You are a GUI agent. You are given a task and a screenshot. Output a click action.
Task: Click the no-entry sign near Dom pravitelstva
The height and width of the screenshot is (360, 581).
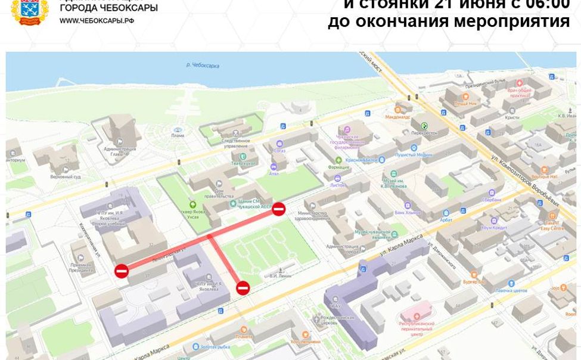point(278,209)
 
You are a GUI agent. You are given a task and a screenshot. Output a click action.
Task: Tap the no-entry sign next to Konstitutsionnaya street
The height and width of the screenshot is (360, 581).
point(122,271)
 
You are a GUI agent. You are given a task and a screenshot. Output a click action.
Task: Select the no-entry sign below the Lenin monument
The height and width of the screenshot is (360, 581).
point(243,288)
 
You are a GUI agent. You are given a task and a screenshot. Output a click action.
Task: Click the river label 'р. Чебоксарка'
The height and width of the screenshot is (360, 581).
point(203,65)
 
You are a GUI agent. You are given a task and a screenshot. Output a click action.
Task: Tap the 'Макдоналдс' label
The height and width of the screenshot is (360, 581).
point(397,117)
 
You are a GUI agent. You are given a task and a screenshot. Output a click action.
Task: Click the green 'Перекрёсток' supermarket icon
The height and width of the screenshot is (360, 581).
point(424,126)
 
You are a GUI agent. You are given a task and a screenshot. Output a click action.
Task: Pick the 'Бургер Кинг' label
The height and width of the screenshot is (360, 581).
point(474,281)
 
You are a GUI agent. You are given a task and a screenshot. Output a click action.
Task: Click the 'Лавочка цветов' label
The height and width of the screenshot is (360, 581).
point(511,290)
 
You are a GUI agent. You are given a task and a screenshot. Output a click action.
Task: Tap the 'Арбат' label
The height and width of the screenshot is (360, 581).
point(446,220)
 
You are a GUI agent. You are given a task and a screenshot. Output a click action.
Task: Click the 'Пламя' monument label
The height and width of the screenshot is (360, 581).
point(178,135)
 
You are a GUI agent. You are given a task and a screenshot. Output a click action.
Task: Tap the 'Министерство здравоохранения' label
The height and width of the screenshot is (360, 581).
point(313,216)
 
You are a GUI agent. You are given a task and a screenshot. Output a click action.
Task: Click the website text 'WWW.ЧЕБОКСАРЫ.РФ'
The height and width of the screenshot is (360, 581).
point(97,21)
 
